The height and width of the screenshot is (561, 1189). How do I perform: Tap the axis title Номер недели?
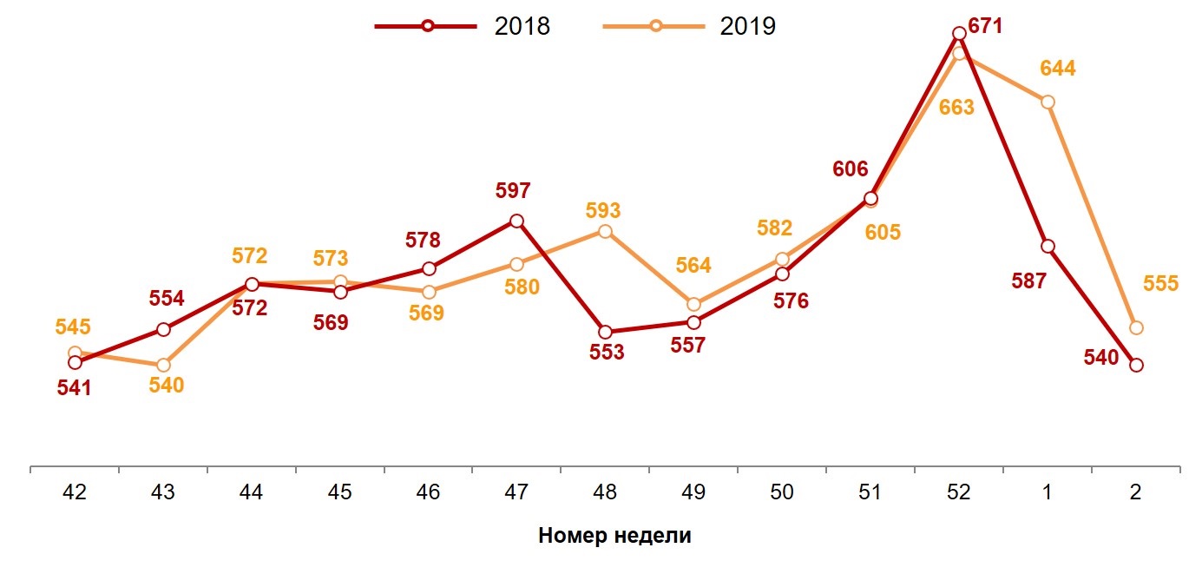point(614,535)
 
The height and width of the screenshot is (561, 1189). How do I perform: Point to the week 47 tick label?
point(516,492)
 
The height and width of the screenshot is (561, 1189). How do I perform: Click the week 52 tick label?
point(958,492)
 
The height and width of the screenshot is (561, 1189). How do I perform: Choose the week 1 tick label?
point(1048,492)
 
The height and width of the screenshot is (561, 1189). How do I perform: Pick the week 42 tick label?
point(75,492)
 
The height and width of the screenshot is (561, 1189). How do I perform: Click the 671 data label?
point(985,26)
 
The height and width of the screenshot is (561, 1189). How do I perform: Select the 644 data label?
point(1058,69)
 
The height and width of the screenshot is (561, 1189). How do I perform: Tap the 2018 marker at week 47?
point(516,221)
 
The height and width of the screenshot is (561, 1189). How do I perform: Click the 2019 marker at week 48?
point(605,231)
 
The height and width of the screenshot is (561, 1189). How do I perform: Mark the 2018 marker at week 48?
point(605,332)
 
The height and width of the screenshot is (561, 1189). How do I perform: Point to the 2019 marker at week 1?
point(1048,102)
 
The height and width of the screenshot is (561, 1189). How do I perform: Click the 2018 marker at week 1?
point(1048,247)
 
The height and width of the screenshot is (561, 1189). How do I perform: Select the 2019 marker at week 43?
point(163,365)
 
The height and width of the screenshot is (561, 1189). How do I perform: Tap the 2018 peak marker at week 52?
point(959,34)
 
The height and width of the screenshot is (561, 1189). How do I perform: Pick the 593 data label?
point(603,211)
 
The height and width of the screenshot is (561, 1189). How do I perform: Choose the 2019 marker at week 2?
point(1136,327)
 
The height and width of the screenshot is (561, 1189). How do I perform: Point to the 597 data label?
point(513,191)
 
